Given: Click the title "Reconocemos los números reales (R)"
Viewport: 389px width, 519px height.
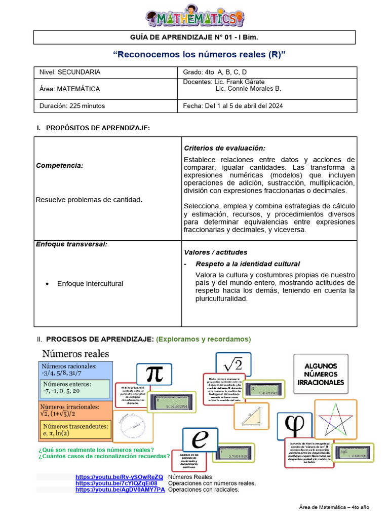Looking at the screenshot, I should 195,54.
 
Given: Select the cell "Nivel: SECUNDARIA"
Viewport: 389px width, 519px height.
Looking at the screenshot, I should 70,72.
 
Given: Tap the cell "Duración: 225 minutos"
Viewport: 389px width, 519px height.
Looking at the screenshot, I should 72,106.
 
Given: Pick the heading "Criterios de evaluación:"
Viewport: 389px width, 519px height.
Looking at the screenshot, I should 224,148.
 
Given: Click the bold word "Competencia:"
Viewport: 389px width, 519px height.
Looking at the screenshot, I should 60,166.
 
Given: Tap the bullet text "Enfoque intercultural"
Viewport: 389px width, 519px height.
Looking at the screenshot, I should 90,284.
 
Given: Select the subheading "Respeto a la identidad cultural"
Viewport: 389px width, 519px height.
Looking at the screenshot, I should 248,264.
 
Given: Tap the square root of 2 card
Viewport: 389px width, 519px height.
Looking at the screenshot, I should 233,364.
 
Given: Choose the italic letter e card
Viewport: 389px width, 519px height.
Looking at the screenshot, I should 200,439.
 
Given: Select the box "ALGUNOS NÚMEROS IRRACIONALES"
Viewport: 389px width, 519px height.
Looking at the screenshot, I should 321,374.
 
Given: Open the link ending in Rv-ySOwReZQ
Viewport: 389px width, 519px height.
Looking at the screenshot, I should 120,477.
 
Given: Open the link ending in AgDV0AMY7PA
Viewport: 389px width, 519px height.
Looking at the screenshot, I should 121,490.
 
